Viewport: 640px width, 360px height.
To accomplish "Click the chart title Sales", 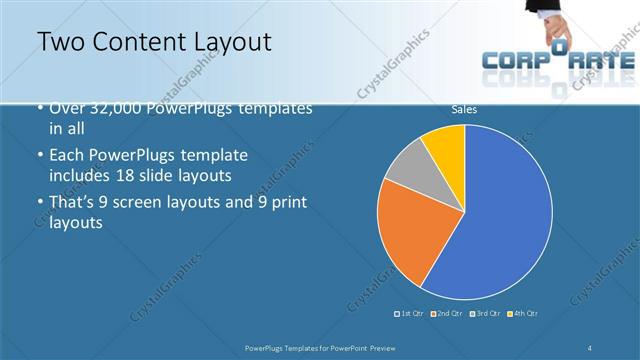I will pos(464,108).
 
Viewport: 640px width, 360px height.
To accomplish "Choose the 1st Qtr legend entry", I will pos(410,314).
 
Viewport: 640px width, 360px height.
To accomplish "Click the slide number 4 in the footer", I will pos(590,347).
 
